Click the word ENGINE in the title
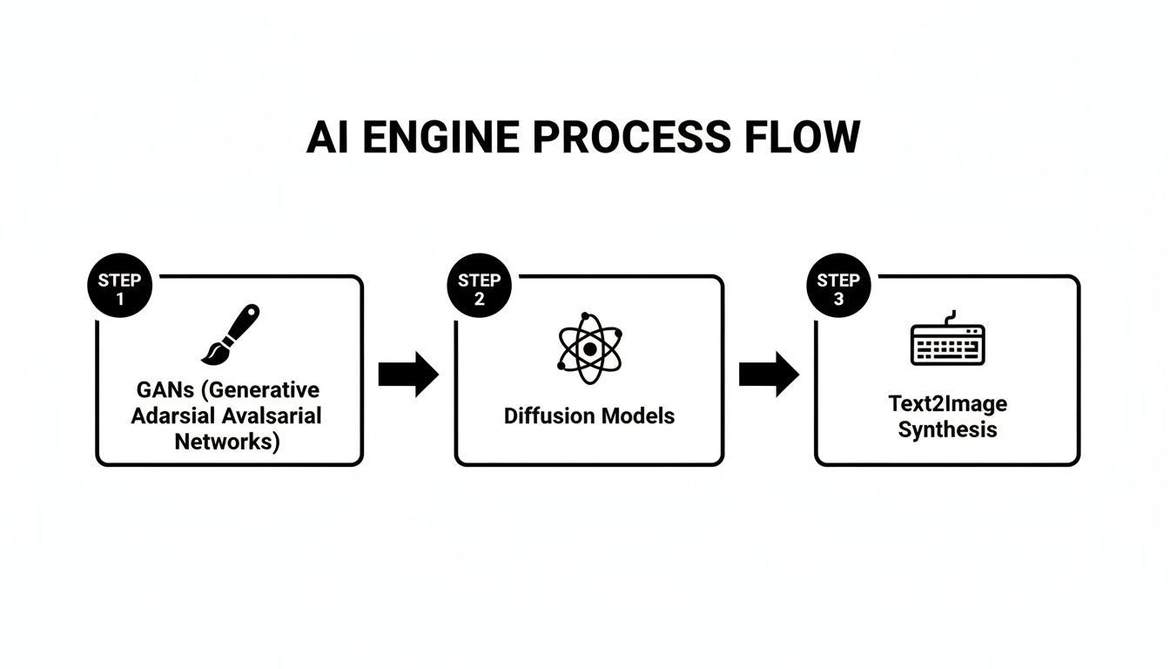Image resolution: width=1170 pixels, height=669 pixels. click(x=440, y=139)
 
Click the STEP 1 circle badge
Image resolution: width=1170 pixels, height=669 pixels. click(x=120, y=289)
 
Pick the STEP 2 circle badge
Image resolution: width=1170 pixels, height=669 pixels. click(x=479, y=289)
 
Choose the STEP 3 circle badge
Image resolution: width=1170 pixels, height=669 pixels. click(x=838, y=289)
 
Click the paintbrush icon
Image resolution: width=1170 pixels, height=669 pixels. click(x=231, y=334)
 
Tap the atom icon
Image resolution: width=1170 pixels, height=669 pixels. click(x=589, y=348)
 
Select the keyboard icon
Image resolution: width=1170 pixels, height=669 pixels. click(x=947, y=341)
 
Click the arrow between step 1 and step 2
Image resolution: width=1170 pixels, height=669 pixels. click(x=408, y=375)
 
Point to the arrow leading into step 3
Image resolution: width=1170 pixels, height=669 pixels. click(x=769, y=375)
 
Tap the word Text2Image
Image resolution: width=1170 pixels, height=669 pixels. click(x=947, y=404)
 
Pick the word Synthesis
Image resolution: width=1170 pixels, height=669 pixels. click(x=947, y=429)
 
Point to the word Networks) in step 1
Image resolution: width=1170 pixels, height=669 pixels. click(x=227, y=441)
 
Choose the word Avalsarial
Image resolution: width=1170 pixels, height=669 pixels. click(x=271, y=416)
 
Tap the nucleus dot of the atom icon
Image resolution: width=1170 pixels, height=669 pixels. click(x=589, y=348)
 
